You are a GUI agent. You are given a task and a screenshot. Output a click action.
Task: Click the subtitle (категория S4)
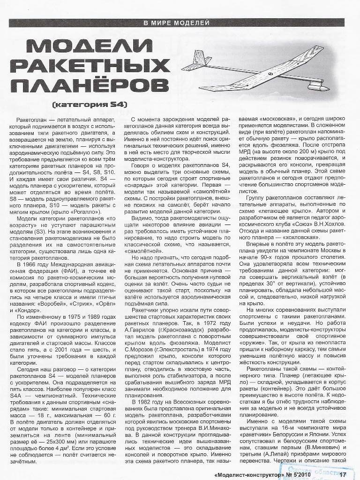click(97, 104)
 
